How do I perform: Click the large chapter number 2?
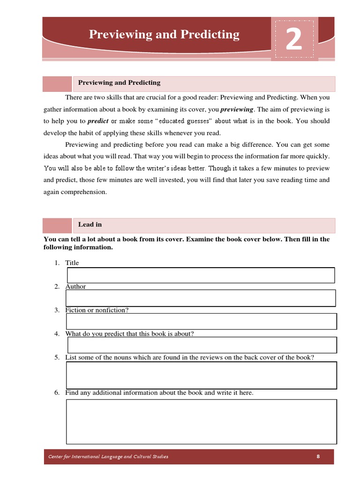click(x=294, y=41)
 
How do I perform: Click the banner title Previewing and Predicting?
click(x=164, y=34)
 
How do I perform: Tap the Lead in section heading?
click(x=90, y=225)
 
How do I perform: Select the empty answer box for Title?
click(x=201, y=275)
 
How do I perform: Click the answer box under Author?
click(x=201, y=298)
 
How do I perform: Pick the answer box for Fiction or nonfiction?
click(x=202, y=322)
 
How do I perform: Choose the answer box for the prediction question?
click(x=202, y=345)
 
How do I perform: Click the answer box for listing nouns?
click(x=202, y=375)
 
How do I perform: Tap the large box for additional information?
click(x=202, y=421)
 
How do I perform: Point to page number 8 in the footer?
click(x=318, y=457)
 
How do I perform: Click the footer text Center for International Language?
click(x=108, y=457)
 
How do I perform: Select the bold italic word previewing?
click(x=237, y=109)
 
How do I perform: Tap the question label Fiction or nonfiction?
click(x=97, y=310)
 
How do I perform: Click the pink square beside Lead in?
click(x=57, y=225)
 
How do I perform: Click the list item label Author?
click(x=75, y=286)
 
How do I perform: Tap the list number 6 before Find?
click(x=56, y=393)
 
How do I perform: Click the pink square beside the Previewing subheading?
click(x=57, y=84)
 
